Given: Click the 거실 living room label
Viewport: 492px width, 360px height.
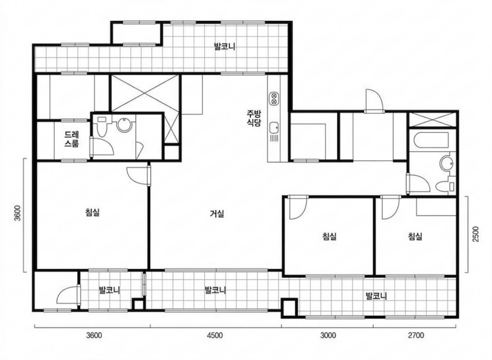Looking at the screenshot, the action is (217, 214).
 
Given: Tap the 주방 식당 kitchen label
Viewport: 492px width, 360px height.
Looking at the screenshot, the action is (254, 118).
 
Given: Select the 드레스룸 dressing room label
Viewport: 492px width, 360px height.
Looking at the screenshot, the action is (72, 139).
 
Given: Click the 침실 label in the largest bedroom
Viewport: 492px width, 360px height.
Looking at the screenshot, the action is (92, 212).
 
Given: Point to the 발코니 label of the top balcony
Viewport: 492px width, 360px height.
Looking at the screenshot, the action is (224, 47).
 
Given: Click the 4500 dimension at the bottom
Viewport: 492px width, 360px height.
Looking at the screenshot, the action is (215, 335).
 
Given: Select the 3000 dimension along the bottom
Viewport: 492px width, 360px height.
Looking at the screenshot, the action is (328, 335).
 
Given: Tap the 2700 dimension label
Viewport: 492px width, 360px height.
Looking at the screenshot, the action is (416, 335).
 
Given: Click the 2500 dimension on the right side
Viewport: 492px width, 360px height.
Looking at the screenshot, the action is (476, 234).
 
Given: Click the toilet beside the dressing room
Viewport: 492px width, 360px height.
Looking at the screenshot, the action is (101, 127).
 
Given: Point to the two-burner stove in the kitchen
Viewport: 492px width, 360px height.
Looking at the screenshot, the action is (274, 98).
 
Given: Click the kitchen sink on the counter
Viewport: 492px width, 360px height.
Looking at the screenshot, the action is (274, 127).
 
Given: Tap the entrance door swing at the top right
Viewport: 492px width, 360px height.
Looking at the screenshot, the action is (373, 100).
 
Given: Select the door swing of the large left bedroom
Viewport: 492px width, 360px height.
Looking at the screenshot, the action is (138, 175).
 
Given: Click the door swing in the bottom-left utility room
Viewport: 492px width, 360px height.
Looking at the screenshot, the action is (68, 295).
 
